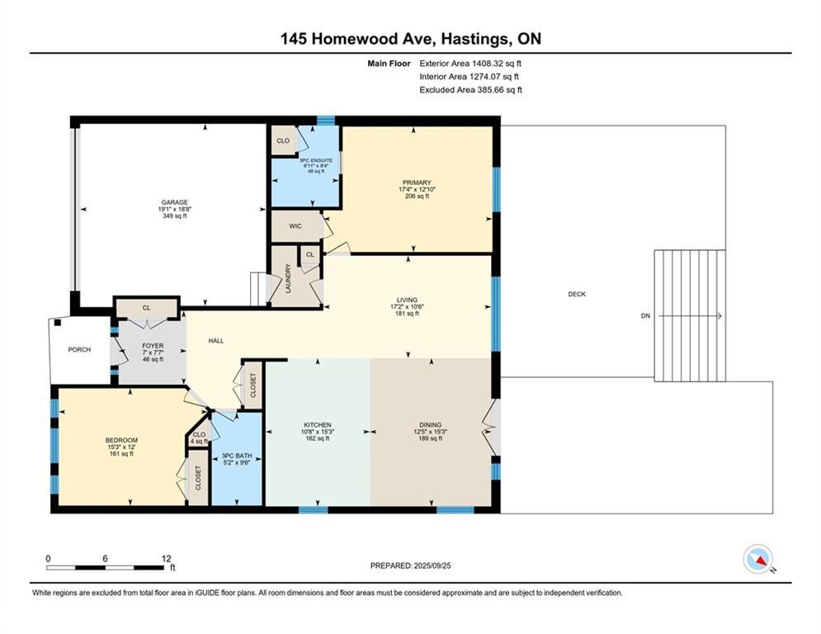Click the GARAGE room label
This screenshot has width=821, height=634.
pyautogui.click(x=174, y=202)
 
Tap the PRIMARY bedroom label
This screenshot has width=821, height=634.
pyautogui.click(x=417, y=182)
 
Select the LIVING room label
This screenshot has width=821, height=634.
pyautogui.click(x=407, y=300)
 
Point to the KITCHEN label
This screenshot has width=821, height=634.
pyautogui.click(x=318, y=425)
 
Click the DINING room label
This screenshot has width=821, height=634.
pyautogui.click(x=431, y=425)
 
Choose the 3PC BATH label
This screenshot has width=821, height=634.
pyautogui.click(x=237, y=456)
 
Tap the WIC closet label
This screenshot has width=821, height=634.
pyautogui.click(x=295, y=226)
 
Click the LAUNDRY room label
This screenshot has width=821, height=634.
pyautogui.click(x=288, y=278)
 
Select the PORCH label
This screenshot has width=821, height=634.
pyautogui.click(x=79, y=349)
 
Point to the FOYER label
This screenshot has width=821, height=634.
pyautogui.click(x=153, y=346)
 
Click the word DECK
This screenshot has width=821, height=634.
pyautogui.click(x=577, y=295)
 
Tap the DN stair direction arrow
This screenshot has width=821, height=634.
pyautogui.click(x=690, y=316)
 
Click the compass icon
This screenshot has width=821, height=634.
pyautogui.click(x=758, y=559)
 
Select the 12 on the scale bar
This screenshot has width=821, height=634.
pyautogui.click(x=167, y=559)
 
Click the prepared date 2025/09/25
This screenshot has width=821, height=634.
pyautogui.click(x=432, y=565)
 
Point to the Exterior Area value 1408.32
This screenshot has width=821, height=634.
pyautogui.click(x=487, y=64)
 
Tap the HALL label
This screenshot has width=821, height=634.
pyautogui.click(x=216, y=341)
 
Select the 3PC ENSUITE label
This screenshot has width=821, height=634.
pyautogui.click(x=316, y=160)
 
